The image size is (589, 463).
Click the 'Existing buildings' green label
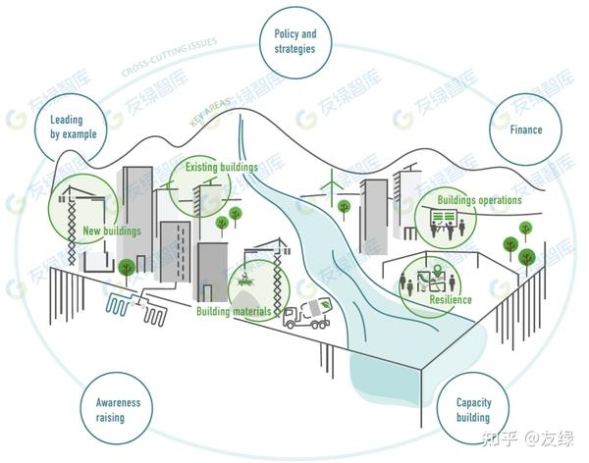click(x=222, y=167)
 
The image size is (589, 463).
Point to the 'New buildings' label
click(x=112, y=231)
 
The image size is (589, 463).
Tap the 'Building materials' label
click(x=234, y=311)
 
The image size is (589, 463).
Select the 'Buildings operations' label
click(x=479, y=200)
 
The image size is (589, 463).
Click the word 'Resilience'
click(x=451, y=299)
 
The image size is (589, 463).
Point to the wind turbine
click(x=332, y=186)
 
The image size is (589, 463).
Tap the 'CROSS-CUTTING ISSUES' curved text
click(x=169, y=56)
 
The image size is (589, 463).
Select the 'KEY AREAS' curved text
click(x=210, y=112)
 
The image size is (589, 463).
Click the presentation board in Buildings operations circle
click(x=444, y=217)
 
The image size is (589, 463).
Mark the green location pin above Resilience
click(x=437, y=270)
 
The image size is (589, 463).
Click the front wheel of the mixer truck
click(x=290, y=324)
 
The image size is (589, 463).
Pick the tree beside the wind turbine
click(x=344, y=208)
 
